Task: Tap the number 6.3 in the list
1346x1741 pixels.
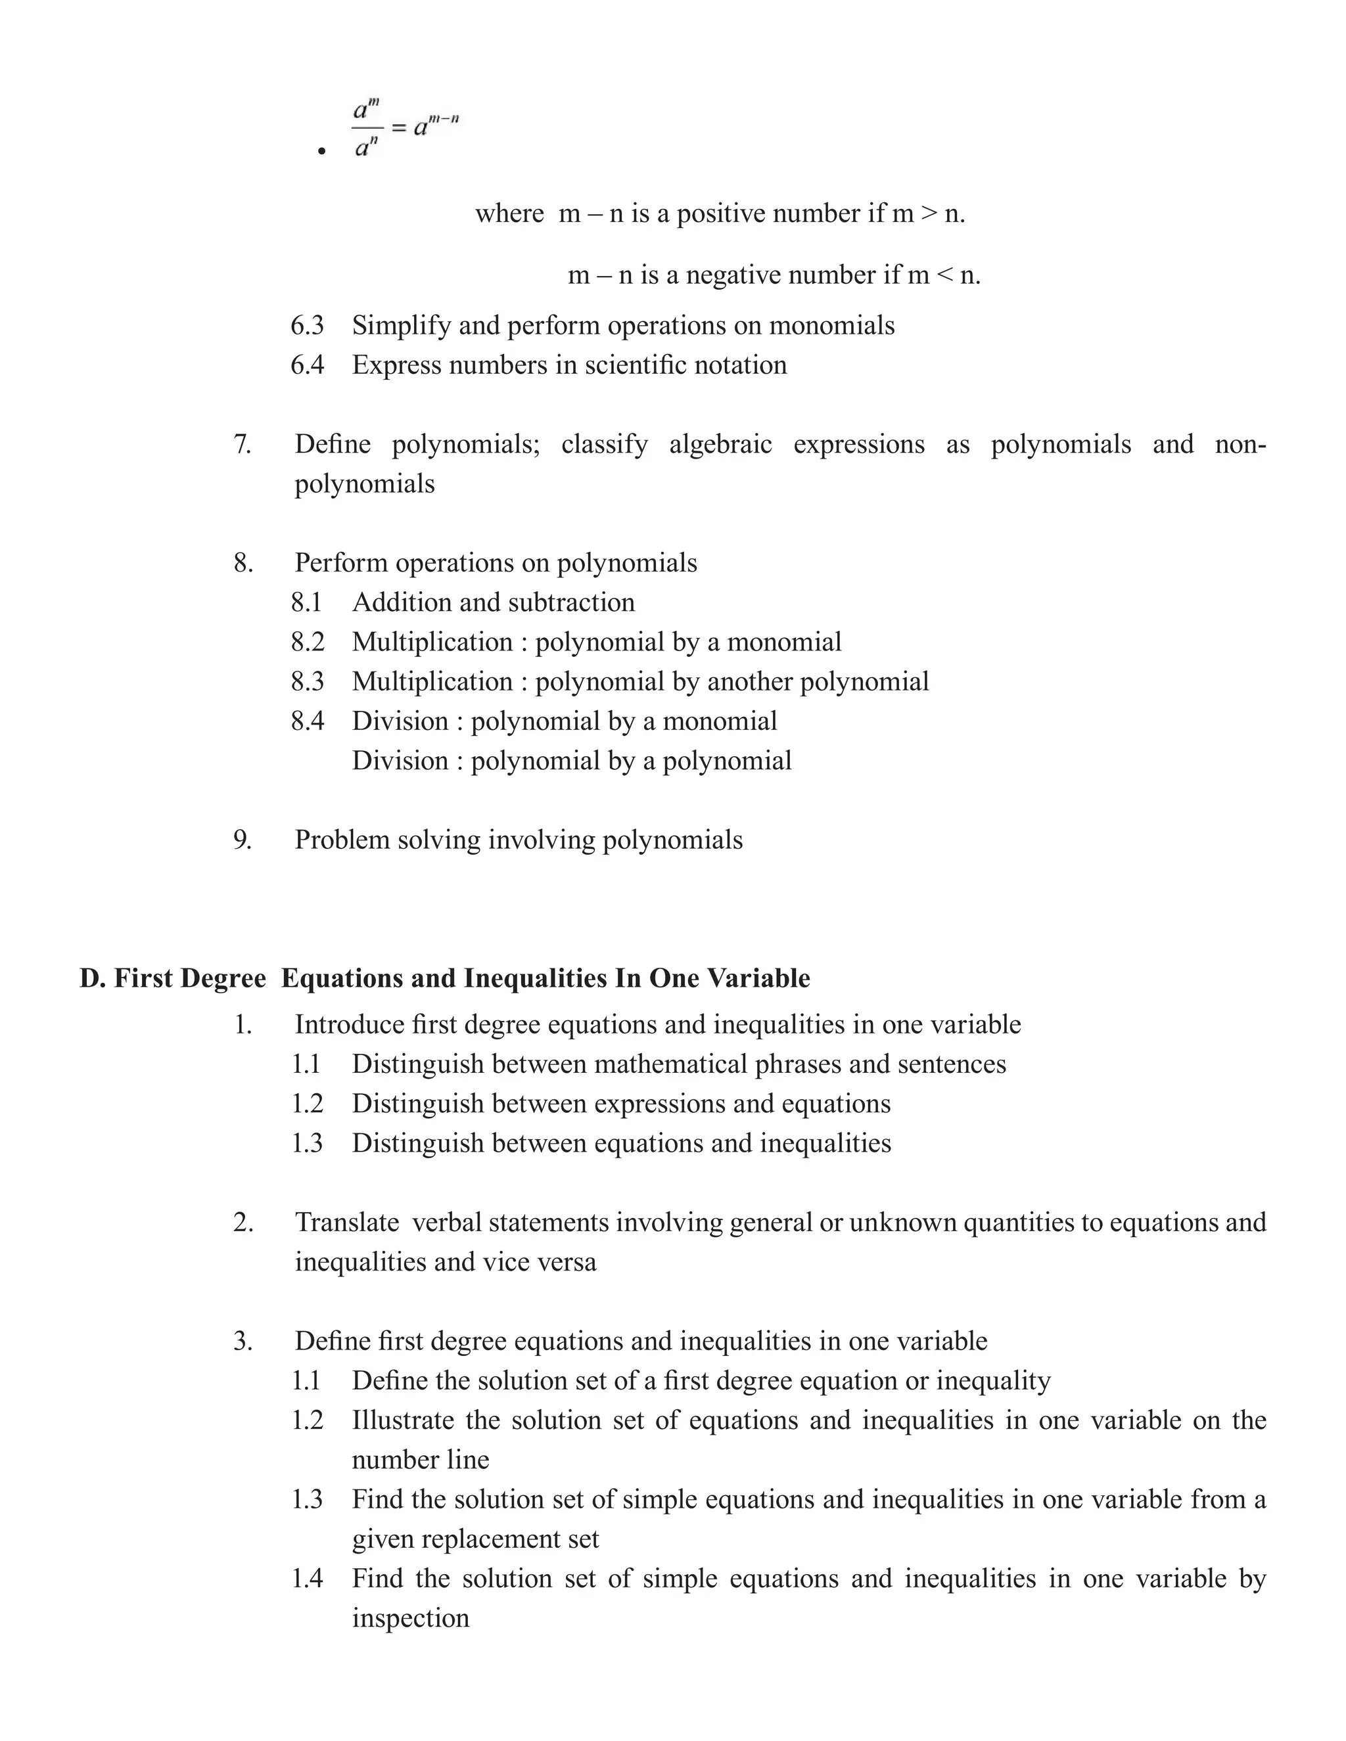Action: pyautogui.click(x=307, y=325)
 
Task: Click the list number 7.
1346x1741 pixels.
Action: pyautogui.click(x=243, y=444)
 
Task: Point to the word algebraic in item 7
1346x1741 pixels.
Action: pyautogui.click(x=720, y=444)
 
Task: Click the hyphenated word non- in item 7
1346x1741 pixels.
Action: pyautogui.click(x=1240, y=444)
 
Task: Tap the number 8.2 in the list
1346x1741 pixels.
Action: pyautogui.click(x=307, y=642)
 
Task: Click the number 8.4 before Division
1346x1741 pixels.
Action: pyautogui.click(x=307, y=721)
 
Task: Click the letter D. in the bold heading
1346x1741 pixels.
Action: pyautogui.click(x=93, y=979)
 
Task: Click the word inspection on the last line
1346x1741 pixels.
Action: pyautogui.click(x=411, y=1618)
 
